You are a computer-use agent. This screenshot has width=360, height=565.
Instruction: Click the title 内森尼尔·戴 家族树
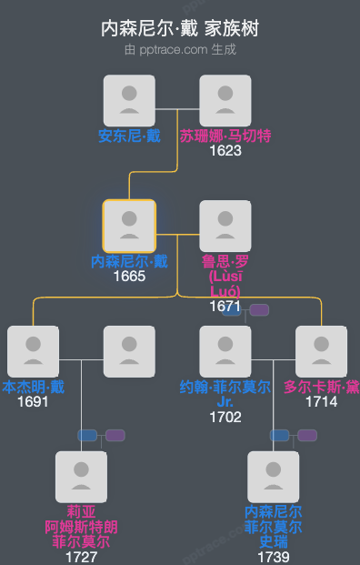point(180,28)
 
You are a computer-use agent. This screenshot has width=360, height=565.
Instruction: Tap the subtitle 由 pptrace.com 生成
point(180,49)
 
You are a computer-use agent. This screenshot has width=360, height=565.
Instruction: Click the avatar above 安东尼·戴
point(129,100)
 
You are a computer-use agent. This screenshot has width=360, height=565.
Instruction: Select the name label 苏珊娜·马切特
point(225,136)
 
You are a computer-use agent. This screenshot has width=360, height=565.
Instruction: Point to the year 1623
point(225,150)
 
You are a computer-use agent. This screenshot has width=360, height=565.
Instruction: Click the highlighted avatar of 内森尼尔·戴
point(129,226)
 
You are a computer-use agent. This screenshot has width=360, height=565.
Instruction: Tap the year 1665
point(129,276)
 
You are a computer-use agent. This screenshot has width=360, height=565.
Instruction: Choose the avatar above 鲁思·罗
point(225,226)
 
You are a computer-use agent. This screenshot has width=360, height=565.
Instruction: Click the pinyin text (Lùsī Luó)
point(225,283)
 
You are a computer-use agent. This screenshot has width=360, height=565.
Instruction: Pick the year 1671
point(225,307)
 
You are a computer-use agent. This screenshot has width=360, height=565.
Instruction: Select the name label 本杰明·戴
point(34,387)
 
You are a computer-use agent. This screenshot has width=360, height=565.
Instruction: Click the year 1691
point(33,401)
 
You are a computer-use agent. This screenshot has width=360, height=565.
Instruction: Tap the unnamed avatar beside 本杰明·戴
point(129,351)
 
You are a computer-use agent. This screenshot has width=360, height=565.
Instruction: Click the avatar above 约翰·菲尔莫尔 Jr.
point(225,351)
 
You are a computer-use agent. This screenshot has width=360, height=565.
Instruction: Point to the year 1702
point(225,417)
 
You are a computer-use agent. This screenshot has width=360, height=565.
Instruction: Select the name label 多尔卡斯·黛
point(322,387)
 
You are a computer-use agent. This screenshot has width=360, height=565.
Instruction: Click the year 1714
point(321,401)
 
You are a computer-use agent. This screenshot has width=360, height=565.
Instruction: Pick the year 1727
point(81,557)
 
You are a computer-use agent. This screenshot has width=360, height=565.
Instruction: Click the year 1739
point(273,557)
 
